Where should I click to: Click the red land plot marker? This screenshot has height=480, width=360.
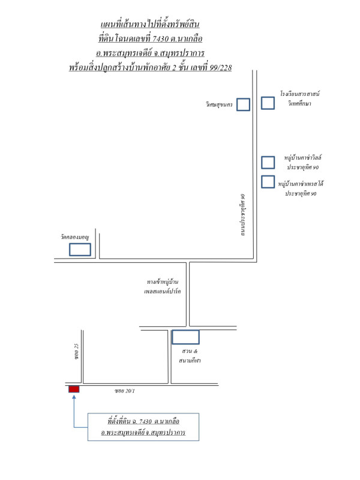[74, 389]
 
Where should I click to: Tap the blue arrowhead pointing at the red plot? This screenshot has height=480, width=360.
[74, 397]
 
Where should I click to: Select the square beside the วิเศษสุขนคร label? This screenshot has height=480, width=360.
[243, 104]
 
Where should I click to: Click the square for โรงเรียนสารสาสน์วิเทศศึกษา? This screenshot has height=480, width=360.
[268, 103]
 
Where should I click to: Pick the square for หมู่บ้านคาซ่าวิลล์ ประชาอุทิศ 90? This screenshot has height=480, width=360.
[268, 163]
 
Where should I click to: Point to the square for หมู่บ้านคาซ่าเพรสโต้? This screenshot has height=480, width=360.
[268, 182]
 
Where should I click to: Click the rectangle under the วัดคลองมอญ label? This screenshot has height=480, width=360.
[80, 250]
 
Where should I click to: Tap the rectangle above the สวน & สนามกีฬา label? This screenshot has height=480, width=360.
[185, 337]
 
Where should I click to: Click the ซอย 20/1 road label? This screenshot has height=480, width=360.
[125, 391]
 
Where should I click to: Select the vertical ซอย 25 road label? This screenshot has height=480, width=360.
[76, 352]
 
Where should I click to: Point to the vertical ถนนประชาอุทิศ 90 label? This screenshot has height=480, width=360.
[243, 215]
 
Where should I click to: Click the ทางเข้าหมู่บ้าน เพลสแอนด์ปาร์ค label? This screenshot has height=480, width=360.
[162, 286]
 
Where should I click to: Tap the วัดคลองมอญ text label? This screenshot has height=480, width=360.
[74, 237]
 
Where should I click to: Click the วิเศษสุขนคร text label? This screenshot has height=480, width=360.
[219, 104]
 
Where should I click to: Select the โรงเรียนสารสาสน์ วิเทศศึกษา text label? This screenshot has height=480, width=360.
[300, 98]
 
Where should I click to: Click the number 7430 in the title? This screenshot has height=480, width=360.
[160, 38]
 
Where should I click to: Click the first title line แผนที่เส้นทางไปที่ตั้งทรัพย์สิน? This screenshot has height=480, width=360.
[150, 24]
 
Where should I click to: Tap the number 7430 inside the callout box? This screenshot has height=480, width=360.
[145, 422]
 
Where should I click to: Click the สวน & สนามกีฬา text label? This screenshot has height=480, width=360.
[190, 356]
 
